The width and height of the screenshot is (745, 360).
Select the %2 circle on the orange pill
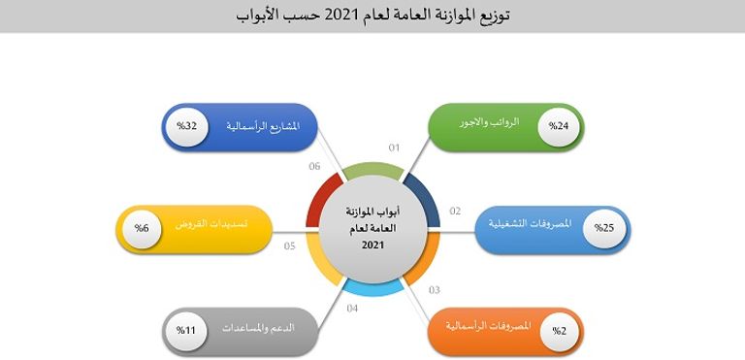559,331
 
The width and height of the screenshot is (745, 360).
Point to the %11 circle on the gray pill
185,331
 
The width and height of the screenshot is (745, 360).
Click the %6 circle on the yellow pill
141,228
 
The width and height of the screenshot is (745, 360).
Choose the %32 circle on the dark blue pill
185,127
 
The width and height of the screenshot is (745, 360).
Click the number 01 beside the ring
394,148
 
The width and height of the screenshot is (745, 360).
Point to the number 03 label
434,289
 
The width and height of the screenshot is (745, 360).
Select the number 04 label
352,309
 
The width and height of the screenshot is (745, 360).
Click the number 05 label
289,245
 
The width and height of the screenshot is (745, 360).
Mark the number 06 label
314,167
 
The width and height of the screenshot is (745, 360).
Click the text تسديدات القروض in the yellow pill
215,224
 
